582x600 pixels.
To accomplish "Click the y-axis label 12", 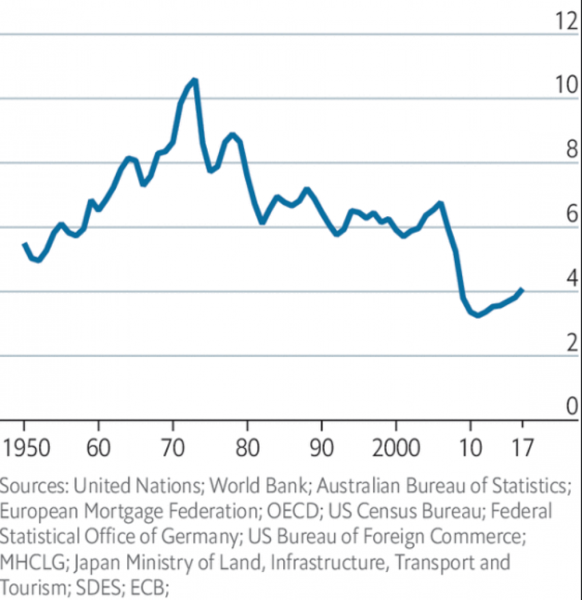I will [x=565, y=21].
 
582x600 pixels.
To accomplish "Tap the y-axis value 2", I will [x=572, y=343].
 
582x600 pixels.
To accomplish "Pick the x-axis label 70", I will [x=172, y=447].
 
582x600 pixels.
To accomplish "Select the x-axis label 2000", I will [x=395, y=447].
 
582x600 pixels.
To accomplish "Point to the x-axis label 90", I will [x=321, y=447].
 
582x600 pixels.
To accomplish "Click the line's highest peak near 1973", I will [x=194, y=80].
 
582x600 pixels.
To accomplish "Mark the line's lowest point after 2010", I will [x=479, y=315].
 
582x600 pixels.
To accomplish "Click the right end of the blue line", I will [x=521, y=290].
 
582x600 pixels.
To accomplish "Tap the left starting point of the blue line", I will [x=24, y=244].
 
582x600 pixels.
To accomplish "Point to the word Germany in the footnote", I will [x=198, y=536].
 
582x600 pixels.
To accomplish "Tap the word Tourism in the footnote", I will [x=33, y=588].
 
